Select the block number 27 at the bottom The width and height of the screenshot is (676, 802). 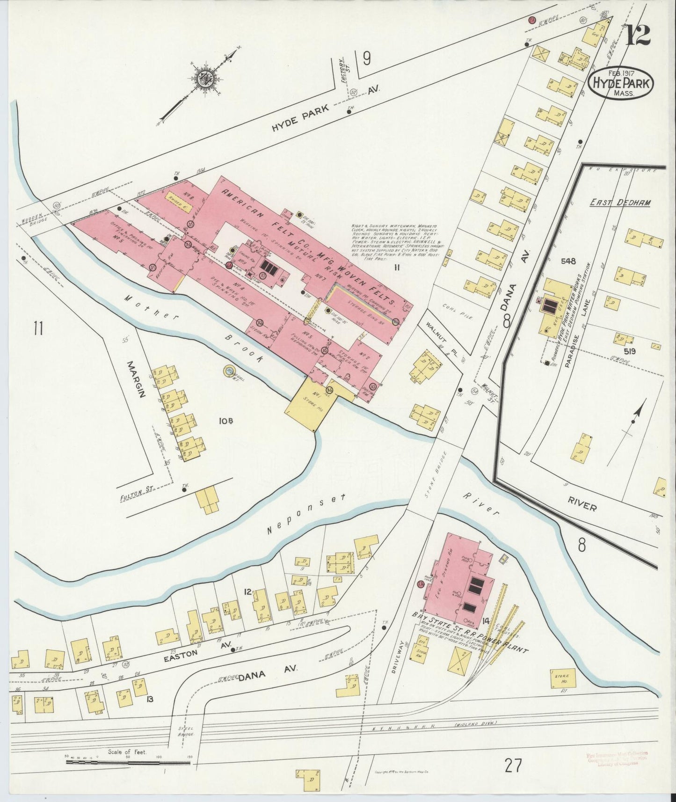pos(513,766)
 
